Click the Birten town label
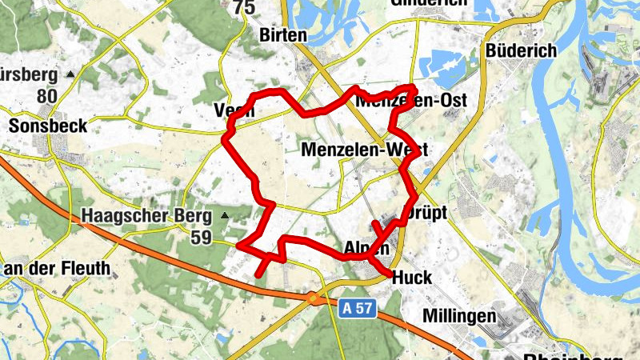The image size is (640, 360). pyautogui.click(x=283, y=35)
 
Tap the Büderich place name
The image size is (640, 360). pyautogui.click(x=521, y=50)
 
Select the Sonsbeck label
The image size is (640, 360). pyautogui.click(x=47, y=126)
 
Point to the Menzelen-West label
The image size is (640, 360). pyautogui.click(x=365, y=150)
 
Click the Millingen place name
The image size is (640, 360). pyautogui.click(x=459, y=316)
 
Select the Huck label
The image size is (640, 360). pyautogui.click(x=413, y=278)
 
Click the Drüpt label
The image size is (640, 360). pyautogui.click(x=427, y=214)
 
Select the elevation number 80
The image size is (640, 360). pyautogui.click(x=47, y=97)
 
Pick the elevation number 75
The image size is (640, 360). pyautogui.click(x=244, y=8)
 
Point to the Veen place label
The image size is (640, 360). pyautogui.click(x=234, y=110)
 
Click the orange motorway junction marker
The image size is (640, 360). pyautogui.click(x=314, y=298)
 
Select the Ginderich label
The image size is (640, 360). pyautogui.click(x=428, y=3)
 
